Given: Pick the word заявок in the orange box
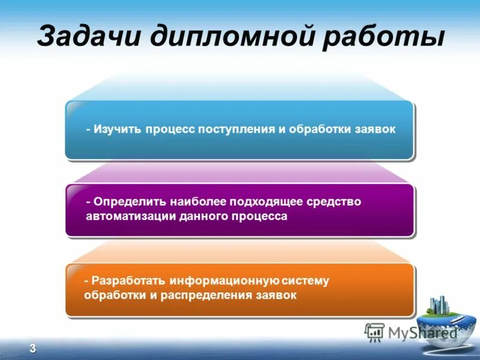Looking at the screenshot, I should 277,295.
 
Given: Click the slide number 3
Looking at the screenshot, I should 32,349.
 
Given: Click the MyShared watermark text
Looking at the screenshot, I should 420,332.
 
